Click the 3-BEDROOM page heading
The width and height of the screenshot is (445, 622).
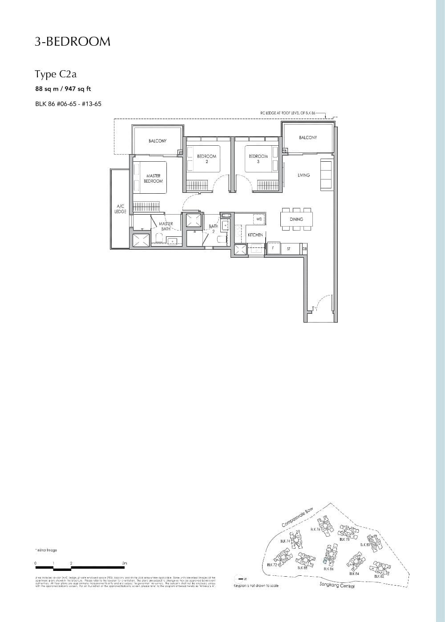click(x=73, y=42)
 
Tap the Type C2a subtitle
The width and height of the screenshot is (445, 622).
click(x=53, y=74)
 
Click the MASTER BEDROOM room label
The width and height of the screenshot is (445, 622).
click(x=153, y=179)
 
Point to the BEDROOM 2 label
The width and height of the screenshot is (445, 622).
click(x=206, y=159)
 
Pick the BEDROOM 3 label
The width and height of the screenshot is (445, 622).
click(x=258, y=159)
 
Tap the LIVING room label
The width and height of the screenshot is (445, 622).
click(x=303, y=175)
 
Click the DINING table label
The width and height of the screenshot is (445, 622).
click(x=296, y=219)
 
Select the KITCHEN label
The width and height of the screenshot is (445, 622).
click(x=255, y=235)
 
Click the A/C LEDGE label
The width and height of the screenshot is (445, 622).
click(x=121, y=209)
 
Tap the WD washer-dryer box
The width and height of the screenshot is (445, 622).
click(x=259, y=219)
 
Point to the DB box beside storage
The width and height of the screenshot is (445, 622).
click(x=304, y=249)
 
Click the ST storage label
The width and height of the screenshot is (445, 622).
click(x=288, y=249)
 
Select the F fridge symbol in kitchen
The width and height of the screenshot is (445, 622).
click(x=272, y=248)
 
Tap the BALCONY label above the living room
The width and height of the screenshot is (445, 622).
click(x=308, y=138)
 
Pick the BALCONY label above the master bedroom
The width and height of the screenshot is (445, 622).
click(x=158, y=141)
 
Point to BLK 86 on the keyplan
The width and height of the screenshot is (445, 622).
click(x=329, y=569)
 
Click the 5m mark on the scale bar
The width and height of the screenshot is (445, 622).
click(x=125, y=564)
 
